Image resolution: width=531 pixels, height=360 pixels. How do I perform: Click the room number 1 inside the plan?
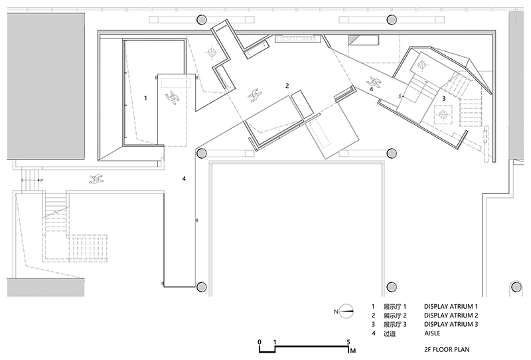click(x=145, y=98)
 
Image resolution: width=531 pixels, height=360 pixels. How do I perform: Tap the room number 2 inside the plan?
click(x=287, y=86)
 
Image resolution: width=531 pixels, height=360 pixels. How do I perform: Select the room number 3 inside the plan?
click(x=443, y=99)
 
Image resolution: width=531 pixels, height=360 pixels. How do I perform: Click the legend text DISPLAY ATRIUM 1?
click(x=451, y=306)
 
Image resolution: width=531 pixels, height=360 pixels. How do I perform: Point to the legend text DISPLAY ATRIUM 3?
click(x=451, y=324)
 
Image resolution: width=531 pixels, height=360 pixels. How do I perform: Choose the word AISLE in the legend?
click(x=432, y=333)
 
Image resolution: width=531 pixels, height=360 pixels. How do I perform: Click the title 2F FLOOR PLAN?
click(x=447, y=350)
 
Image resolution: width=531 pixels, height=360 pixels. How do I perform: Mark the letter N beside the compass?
click(x=336, y=312)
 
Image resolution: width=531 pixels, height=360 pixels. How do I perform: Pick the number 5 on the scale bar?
click(x=348, y=342)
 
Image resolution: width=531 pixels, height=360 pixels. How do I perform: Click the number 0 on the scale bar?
click(x=260, y=341)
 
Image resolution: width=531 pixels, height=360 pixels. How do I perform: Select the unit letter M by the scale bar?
click(x=353, y=351)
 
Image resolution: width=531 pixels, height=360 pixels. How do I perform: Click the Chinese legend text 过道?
click(x=390, y=333)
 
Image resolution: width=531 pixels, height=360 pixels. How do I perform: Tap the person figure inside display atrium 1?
click(x=173, y=97)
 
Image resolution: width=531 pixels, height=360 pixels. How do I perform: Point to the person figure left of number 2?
click(x=255, y=95)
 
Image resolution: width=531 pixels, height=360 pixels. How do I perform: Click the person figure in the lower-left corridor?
click(x=96, y=179)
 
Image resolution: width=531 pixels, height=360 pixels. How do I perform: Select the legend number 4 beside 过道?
click(x=374, y=333)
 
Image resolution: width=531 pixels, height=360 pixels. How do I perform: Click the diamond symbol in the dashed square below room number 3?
click(x=443, y=115)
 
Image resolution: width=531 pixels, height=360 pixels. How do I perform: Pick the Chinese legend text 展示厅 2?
click(x=395, y=315)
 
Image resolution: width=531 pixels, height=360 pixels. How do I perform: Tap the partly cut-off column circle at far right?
click(x=516, y=287)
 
